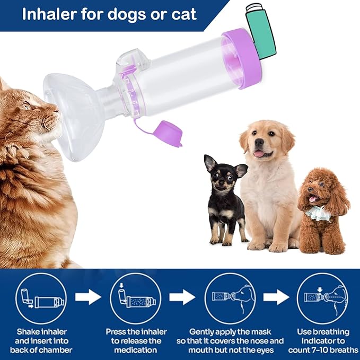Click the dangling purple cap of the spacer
[x=170, y=134]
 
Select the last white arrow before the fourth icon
[x=276, y=297]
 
